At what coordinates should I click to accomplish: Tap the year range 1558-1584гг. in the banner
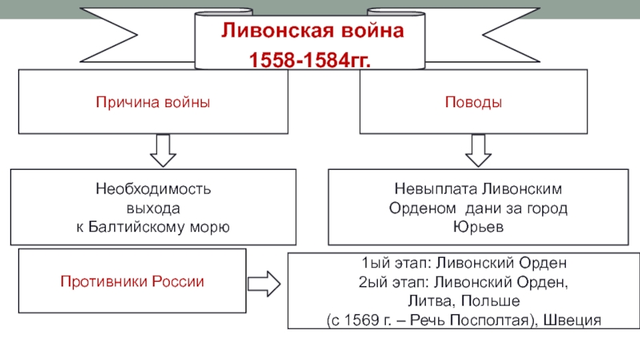coord(310,60)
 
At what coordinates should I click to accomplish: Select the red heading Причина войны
coord(153,102)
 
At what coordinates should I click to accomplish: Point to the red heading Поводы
coord(474,102)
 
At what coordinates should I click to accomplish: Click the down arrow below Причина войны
coord(163,150)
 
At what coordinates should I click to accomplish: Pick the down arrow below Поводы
coord(478,150)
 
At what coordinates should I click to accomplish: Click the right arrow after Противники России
coord(264,284)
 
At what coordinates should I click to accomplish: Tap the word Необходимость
coord(153,189)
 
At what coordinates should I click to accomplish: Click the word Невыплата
coord(436,189)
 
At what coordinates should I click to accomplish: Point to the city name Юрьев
coord(478,226)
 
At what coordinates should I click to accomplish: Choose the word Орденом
coord(422,208)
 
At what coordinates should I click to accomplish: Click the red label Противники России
coord(132,282)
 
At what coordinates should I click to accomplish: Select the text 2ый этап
coord(394,282)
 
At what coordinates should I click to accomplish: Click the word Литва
coord(431,302)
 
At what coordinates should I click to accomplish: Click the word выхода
coord(153,209)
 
